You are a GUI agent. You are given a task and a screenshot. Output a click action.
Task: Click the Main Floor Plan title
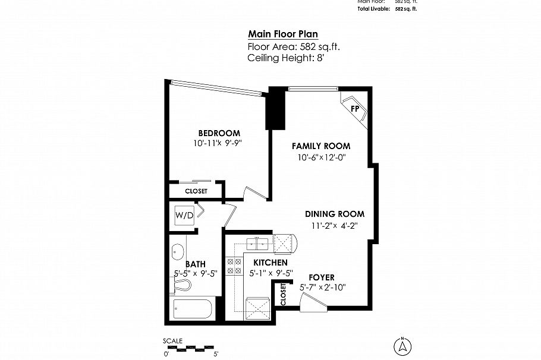(x=287, y=34)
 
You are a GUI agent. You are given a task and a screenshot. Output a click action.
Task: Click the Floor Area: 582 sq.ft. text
(x=294, y=46)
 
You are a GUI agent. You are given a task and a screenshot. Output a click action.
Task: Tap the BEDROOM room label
(x=219, y=132)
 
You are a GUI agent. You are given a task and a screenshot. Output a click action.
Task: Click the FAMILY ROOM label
(x=320, y=146)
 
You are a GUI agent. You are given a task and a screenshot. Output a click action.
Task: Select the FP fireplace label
(x=356, y=109)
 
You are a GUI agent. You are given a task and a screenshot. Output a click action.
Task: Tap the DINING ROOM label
(x=334, y=214)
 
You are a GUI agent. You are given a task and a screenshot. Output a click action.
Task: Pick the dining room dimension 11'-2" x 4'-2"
(x=334, y=225)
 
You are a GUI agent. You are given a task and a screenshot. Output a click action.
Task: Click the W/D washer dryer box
(x=184, y=215)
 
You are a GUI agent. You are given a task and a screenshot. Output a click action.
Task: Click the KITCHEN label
(x=270, y=263)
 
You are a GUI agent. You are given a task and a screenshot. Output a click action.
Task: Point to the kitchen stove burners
(x=234, y=266)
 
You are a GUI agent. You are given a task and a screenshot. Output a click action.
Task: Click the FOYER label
(x=321, y=277)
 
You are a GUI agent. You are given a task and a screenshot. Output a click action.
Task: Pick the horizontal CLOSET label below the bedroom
(x=196, y=191)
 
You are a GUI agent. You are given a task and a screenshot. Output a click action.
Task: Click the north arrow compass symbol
(x=402, y=345)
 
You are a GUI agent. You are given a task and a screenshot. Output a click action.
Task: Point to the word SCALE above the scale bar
(x=173, y=340)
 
